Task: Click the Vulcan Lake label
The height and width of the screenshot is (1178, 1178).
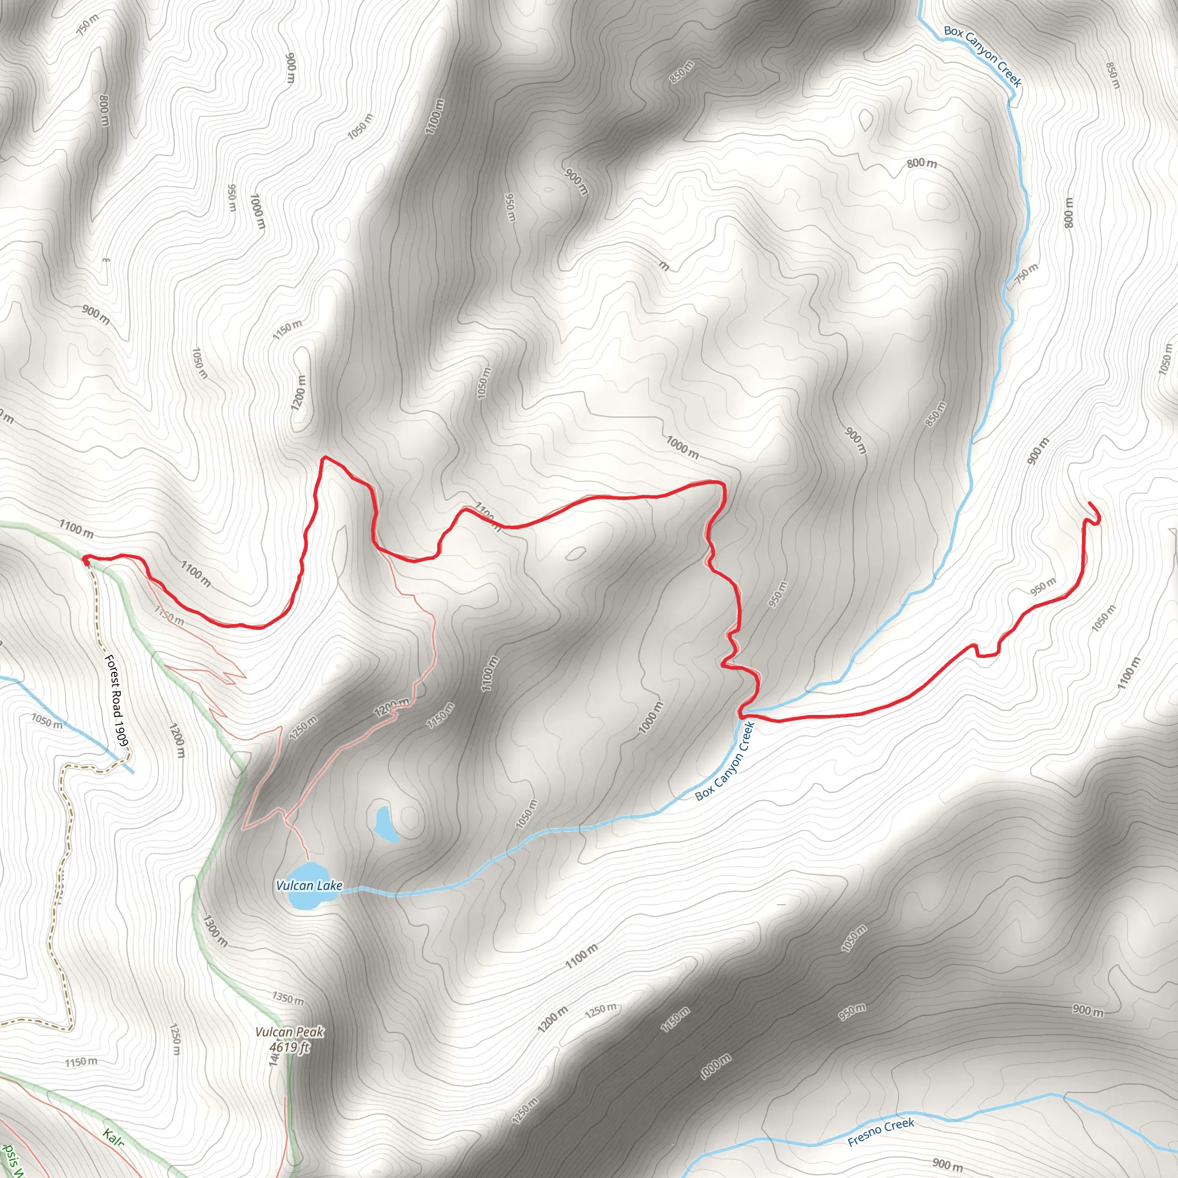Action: click(x=309, y=885)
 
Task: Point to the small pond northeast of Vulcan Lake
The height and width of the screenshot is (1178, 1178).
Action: click(x=385, y=824)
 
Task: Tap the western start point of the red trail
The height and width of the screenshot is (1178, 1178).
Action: click(x=86, y=560)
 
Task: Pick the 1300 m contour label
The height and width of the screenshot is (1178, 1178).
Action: click(x=215, y=930)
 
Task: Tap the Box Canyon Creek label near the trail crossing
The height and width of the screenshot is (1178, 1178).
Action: click(x=725, y=762)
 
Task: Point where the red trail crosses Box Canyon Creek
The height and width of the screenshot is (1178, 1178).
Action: click(x=743, y=713)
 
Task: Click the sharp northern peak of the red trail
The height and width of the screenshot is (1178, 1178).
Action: click(x=324, y=457)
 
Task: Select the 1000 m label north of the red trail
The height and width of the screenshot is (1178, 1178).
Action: click(x=682, y=447)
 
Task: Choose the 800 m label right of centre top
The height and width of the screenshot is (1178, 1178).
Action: click(x=921, y=163)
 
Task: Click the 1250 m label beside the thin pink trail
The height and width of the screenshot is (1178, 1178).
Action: click(x=303, y=728)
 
